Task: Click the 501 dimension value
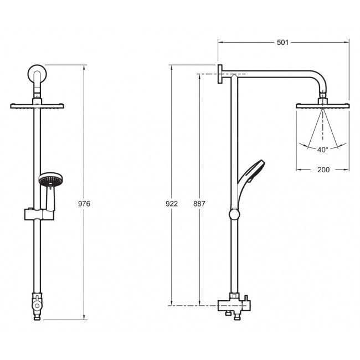coord(282,43)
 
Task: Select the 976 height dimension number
coord(84,204)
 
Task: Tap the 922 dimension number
coord(172,204)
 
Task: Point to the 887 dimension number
coord(199,204)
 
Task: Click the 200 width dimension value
coord(323,170)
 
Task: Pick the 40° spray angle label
coord(323,150)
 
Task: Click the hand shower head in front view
coord(51,179)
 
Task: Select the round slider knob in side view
coord(234,214)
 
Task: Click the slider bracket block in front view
coord(39,214)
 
